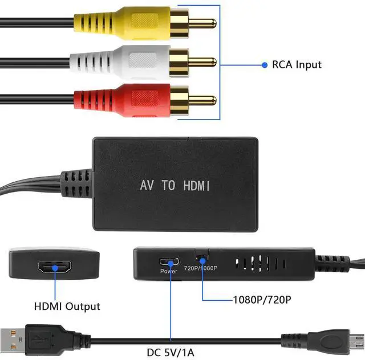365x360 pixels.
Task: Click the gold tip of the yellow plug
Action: coord(203,23)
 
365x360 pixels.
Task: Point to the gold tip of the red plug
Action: coord(203,100)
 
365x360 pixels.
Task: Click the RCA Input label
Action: coord(297,64)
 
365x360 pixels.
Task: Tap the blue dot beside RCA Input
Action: coord(265,65)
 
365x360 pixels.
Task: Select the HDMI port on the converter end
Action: coord(54,266)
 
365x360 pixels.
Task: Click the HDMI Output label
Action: coord(67,306)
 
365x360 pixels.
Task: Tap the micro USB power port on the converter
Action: coord(169,263)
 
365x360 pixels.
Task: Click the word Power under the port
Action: coord(169,271)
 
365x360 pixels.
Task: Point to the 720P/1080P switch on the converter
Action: coord(201,258)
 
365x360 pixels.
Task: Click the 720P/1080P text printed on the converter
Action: coord(201,268)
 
